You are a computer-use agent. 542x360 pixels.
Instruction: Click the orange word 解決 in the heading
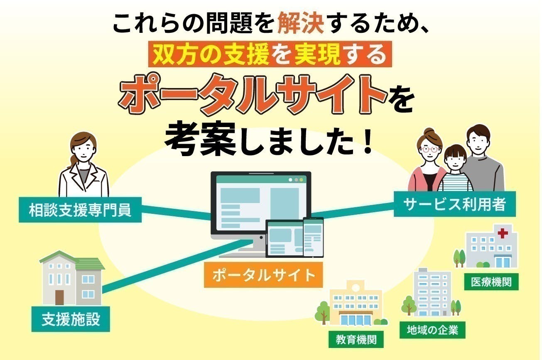point(301,23)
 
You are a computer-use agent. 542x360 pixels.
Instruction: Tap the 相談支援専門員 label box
point(80,210)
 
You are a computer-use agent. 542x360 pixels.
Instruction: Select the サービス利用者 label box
point(455,204)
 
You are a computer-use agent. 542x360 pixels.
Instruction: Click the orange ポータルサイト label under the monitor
point(263,275)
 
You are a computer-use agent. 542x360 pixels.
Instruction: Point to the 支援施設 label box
point(71,319)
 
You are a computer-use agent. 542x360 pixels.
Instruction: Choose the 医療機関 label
point(491,282)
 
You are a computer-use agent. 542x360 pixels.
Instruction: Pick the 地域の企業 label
point(432,330)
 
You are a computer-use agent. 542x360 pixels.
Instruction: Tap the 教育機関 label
point(356,339)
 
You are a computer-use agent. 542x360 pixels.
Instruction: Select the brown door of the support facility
point(59,297)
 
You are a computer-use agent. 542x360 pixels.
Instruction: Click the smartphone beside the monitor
point(313,237)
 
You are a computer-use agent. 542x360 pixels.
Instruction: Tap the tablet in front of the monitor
point(284,239)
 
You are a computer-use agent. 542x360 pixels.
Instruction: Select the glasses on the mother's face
point(429,149)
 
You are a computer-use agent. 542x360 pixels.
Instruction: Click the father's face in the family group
point(478,144)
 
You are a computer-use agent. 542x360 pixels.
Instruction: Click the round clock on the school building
point(356,288)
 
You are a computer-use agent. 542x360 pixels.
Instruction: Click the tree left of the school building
point(323,312)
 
